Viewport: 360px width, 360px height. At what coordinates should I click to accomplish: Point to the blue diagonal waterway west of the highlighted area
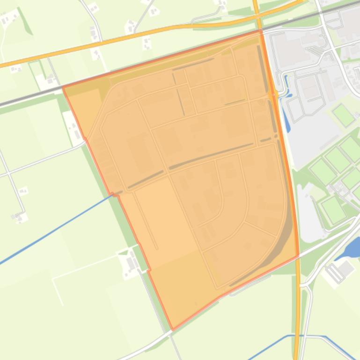(x=56, y=230)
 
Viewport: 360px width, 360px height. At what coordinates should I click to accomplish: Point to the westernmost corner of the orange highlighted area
(x=63, y=87)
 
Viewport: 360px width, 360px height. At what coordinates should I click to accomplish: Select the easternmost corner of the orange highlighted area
(x=299, y=255)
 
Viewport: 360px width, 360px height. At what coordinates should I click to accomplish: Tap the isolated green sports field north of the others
(x=344, y=115)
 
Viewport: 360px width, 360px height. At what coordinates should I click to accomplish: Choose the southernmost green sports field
(x=333, y=209)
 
